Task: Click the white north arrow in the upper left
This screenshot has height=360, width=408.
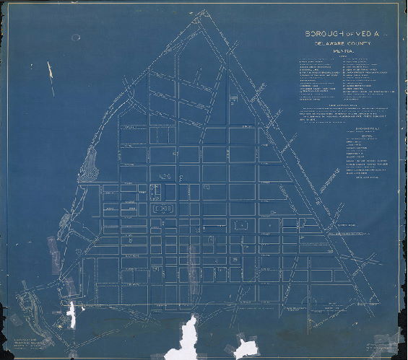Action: (x=51, y=70)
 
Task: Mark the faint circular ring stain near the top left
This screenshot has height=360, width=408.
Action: (x=76, y=38)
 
